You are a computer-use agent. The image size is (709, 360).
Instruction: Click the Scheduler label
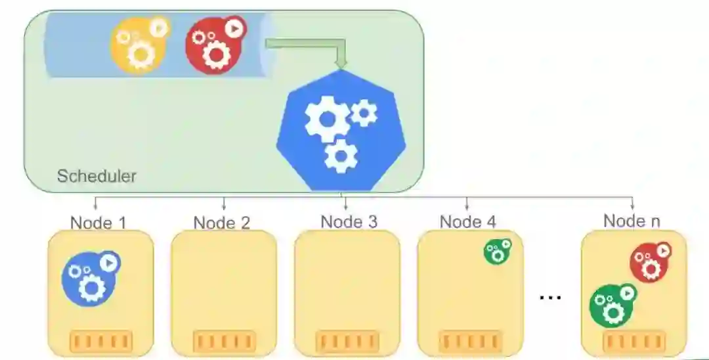click(x=97, y=175)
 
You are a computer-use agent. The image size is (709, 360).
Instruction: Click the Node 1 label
click(x=98, y=223)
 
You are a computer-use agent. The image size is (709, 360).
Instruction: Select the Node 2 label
click(x=222, y=223)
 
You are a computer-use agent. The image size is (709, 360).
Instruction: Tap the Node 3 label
click(x=349, y=221)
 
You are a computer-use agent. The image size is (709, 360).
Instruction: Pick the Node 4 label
click(x=467, y=221)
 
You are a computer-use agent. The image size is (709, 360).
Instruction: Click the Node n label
click(x=632, y=221)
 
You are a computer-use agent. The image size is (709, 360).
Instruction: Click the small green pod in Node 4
click(x=497, y=252)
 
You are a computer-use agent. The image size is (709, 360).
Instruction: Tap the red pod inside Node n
click(x=649, y=261)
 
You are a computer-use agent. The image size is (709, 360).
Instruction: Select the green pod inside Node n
click(x=612, y=304)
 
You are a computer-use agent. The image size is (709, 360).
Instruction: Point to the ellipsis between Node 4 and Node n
click(x=550, y=297)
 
